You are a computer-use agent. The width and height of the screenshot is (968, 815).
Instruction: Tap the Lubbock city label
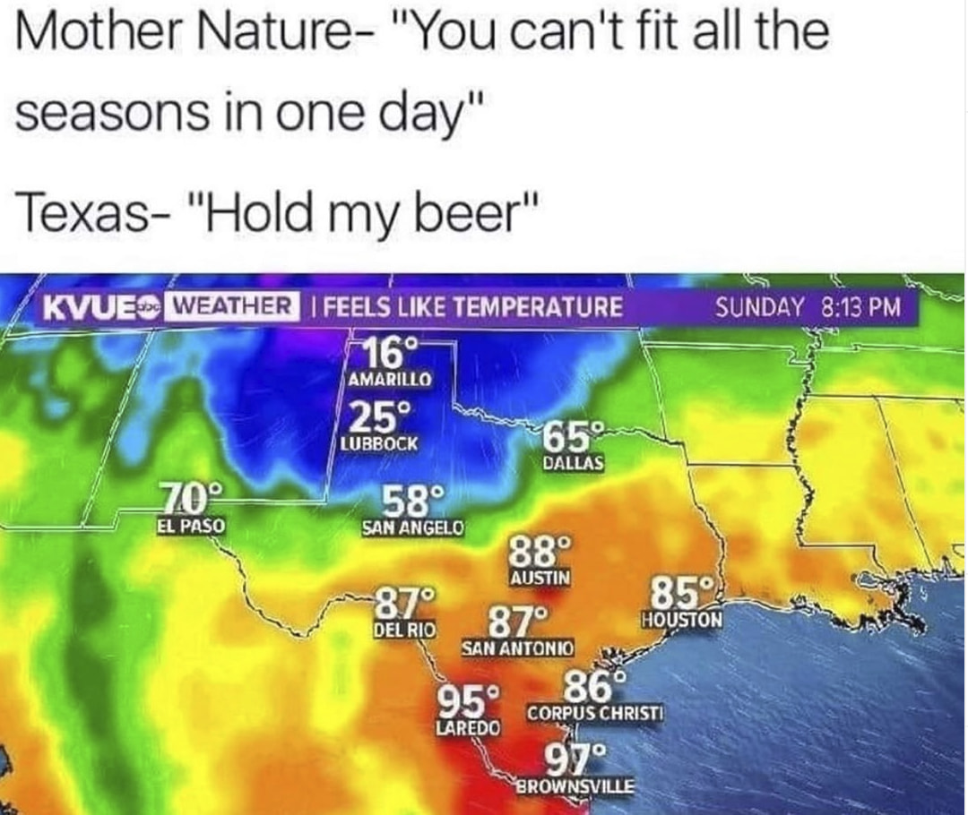tap(378, 443)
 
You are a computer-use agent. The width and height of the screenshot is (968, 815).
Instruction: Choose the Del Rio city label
tap(403, 630)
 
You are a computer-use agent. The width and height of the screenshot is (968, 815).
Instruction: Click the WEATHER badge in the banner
tap(232, 307)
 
